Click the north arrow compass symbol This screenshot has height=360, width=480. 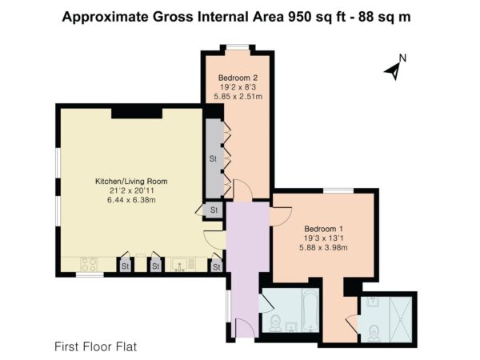pos(394,71)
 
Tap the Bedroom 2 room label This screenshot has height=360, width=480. pos(238,78)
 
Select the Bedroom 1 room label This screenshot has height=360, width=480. pos(323,229)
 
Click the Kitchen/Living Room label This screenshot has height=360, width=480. pos(131,182)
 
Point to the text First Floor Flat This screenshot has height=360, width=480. pos(96,347)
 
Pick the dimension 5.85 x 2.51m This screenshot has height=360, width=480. pos(238,97)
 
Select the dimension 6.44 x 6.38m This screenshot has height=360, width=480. pos(131,200)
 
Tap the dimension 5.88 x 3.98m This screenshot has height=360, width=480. pos(323,247)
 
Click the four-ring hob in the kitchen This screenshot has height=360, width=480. pos(89,265)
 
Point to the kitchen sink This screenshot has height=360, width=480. pos(180,265)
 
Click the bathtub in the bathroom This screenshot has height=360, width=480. pos(310,310)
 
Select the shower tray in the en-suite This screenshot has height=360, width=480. pos(401,319)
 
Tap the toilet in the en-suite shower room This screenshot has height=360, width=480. pos(374,333)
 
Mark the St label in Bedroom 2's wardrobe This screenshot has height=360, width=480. pos(213,158)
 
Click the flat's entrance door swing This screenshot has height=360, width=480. pos(246,328)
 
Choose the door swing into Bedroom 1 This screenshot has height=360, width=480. pos(282,217)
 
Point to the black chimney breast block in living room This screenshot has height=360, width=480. pos(137,114)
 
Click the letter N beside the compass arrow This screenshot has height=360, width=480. pos(402,58)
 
